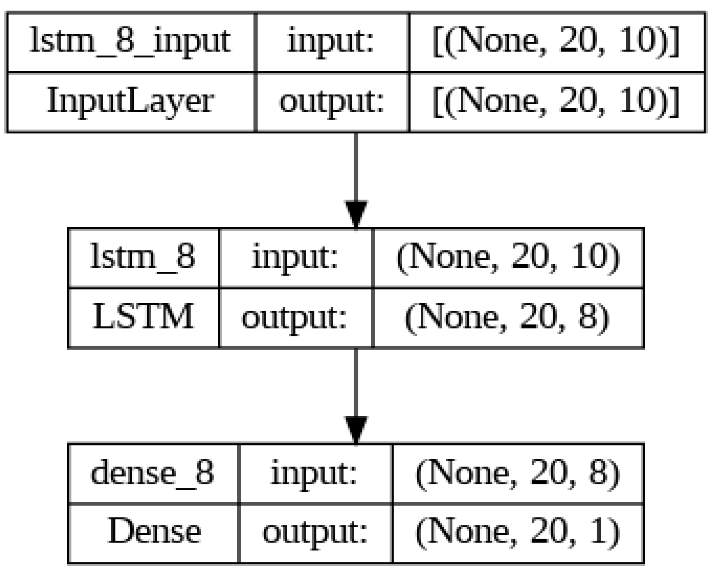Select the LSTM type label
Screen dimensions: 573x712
pyautogui.click(x=143, y=317)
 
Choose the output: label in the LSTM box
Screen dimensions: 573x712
pyautogui.click(x=295, y=317)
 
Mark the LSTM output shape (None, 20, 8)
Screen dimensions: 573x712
pyautogui.click(x=508, y=317)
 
